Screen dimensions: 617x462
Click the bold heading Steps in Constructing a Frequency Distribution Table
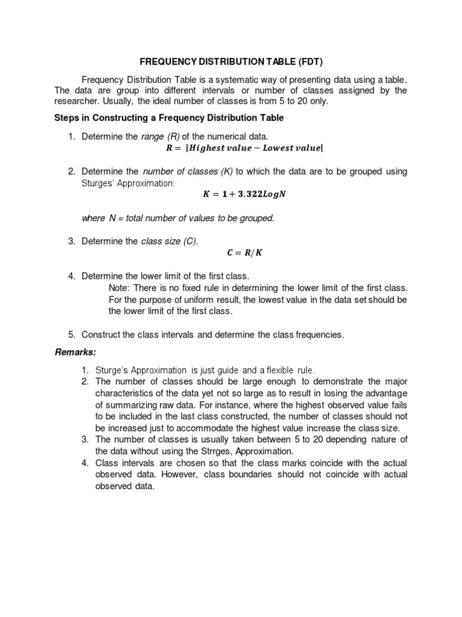point(169,118)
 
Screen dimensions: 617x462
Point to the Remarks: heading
point(76,351)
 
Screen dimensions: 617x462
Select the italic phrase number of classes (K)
point(188,172)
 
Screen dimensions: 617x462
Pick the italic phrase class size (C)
point(169,241)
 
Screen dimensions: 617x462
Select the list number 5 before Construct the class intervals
point(70,334)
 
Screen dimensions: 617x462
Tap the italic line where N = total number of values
point(177,218)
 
